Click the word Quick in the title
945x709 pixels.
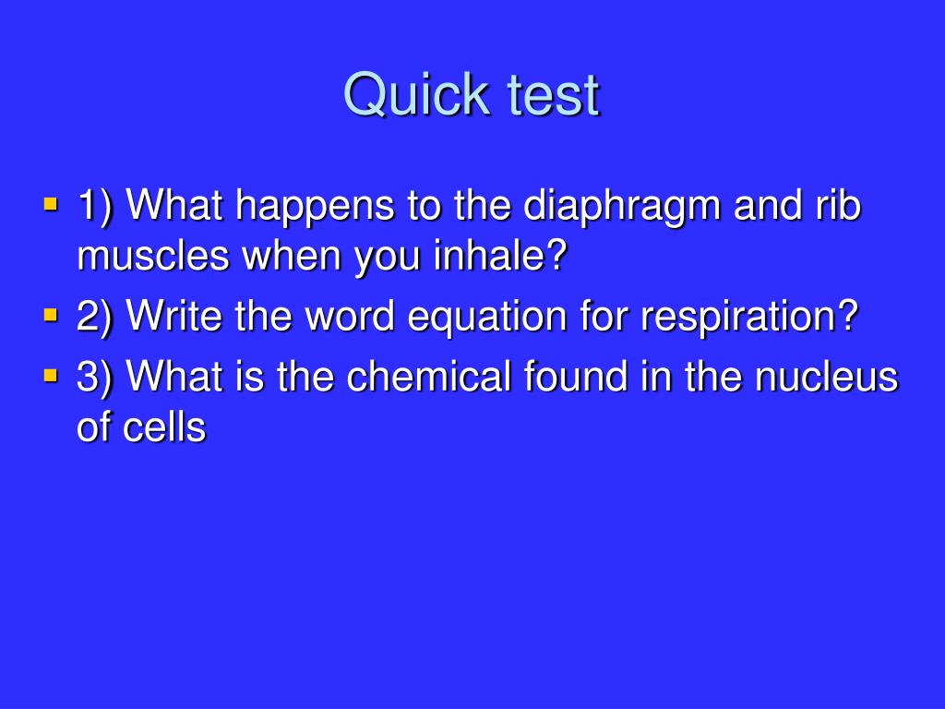pos(415,95)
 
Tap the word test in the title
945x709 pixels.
pos(554,95)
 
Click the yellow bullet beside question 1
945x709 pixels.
pos(52,203)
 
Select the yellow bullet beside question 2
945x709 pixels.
pos(52,315)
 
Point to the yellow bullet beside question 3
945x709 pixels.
pos(52,377)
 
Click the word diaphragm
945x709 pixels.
pos(622,208)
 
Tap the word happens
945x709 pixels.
pos(315,208)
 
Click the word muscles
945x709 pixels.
pos(154,256)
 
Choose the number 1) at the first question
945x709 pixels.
pos(96,207)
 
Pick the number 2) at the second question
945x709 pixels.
pos(95,318)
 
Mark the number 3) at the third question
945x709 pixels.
pos(95,379)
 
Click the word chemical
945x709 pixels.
pos(429,377)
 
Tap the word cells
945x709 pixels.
pos(164,427)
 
